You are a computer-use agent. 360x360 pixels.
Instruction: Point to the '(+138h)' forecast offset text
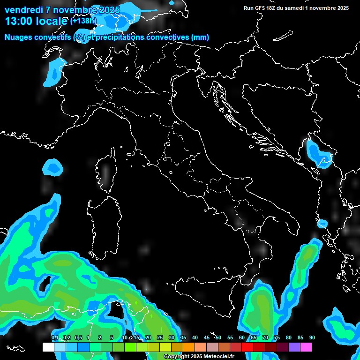[x=83, y=21]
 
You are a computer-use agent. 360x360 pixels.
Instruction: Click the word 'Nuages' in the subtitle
[x=20, y=37]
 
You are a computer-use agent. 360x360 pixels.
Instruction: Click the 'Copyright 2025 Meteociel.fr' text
[x=199, y=357]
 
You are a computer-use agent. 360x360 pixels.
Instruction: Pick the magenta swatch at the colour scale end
[x=306, y=347]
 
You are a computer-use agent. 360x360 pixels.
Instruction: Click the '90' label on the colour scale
[x=312, y=337]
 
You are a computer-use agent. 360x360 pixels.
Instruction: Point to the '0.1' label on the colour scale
[x=55, y=337]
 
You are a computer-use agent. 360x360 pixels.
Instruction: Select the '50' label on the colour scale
[x=218, y=337]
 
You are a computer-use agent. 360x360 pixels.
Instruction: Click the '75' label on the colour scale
[x=277, y=337]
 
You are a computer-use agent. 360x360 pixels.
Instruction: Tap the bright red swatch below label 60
[x=247, y=347]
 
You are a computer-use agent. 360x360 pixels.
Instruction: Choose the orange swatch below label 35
[x=189, y=347]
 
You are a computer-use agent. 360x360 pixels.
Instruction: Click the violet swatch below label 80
[x=294, y=347]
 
